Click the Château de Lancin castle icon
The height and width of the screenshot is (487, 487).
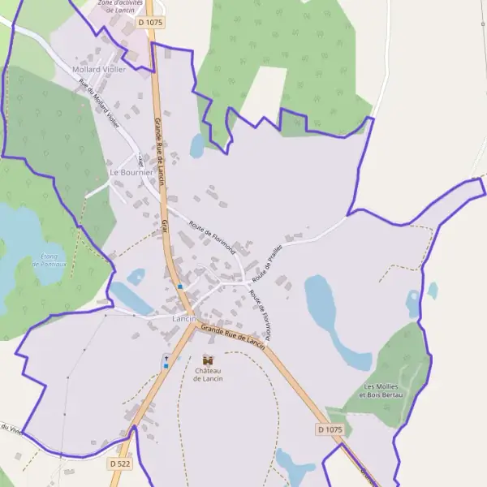[208, 359]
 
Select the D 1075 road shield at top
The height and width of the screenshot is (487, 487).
[150, 24]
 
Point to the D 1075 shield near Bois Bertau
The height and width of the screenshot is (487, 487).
[330, 429]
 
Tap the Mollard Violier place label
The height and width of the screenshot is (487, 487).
[99, 70]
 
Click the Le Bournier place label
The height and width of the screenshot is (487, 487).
[131, 173]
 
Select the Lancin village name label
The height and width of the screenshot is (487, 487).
[184, 318]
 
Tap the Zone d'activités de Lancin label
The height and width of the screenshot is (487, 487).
[119, 6]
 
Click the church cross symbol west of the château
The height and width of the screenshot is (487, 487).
[166, 356]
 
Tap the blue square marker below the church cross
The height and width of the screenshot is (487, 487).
[166, 366]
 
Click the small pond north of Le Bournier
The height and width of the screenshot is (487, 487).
[197, 145]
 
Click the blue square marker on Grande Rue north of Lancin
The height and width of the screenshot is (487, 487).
[179, 286]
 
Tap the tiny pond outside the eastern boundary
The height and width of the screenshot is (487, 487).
[433, 290]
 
